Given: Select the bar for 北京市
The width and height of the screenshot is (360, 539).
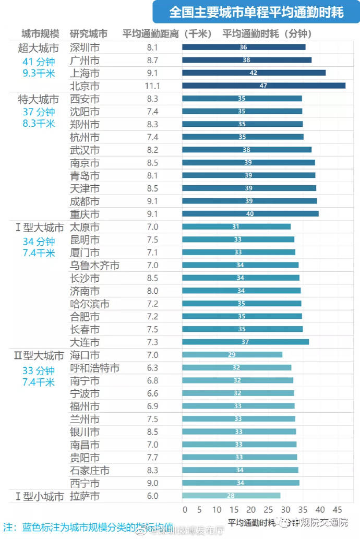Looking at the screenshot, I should pos(263,86).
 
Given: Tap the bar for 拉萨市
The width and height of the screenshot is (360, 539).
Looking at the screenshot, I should pos(231,496).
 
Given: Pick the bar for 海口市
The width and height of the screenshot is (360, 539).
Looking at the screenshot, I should pos(232,355).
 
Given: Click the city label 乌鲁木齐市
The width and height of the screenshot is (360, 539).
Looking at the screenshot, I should pos(94,266).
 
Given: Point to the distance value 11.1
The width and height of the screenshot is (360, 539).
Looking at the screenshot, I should pos(153,86).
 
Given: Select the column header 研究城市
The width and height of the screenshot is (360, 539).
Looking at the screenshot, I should pos(89,34).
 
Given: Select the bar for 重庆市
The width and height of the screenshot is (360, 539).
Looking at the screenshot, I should pos(250,213).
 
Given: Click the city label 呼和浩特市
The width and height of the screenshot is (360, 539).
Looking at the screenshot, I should pos(94,368).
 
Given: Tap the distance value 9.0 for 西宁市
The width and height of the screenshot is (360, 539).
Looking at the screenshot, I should pos(152,483).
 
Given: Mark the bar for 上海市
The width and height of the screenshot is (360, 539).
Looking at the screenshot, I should pos(254,73).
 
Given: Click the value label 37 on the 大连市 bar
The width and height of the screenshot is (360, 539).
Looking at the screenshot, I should pos(245,342).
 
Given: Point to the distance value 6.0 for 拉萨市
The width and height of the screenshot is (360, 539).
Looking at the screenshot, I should pos(152,496).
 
